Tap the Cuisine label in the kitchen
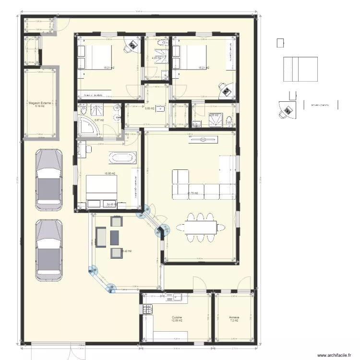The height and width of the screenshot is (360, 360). [177, 318]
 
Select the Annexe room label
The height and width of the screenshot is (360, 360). [234, 318]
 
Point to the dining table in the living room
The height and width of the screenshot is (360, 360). [196, 227]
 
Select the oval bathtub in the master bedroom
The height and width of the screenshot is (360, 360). [123, 157]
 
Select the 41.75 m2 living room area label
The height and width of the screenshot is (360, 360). [193, 194]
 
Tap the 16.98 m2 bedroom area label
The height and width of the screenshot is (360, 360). [110, 174]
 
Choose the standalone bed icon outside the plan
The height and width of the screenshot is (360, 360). [300, 70]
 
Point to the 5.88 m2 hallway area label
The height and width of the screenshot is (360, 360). [149, 108]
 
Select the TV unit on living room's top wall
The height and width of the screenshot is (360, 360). [204, 140]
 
